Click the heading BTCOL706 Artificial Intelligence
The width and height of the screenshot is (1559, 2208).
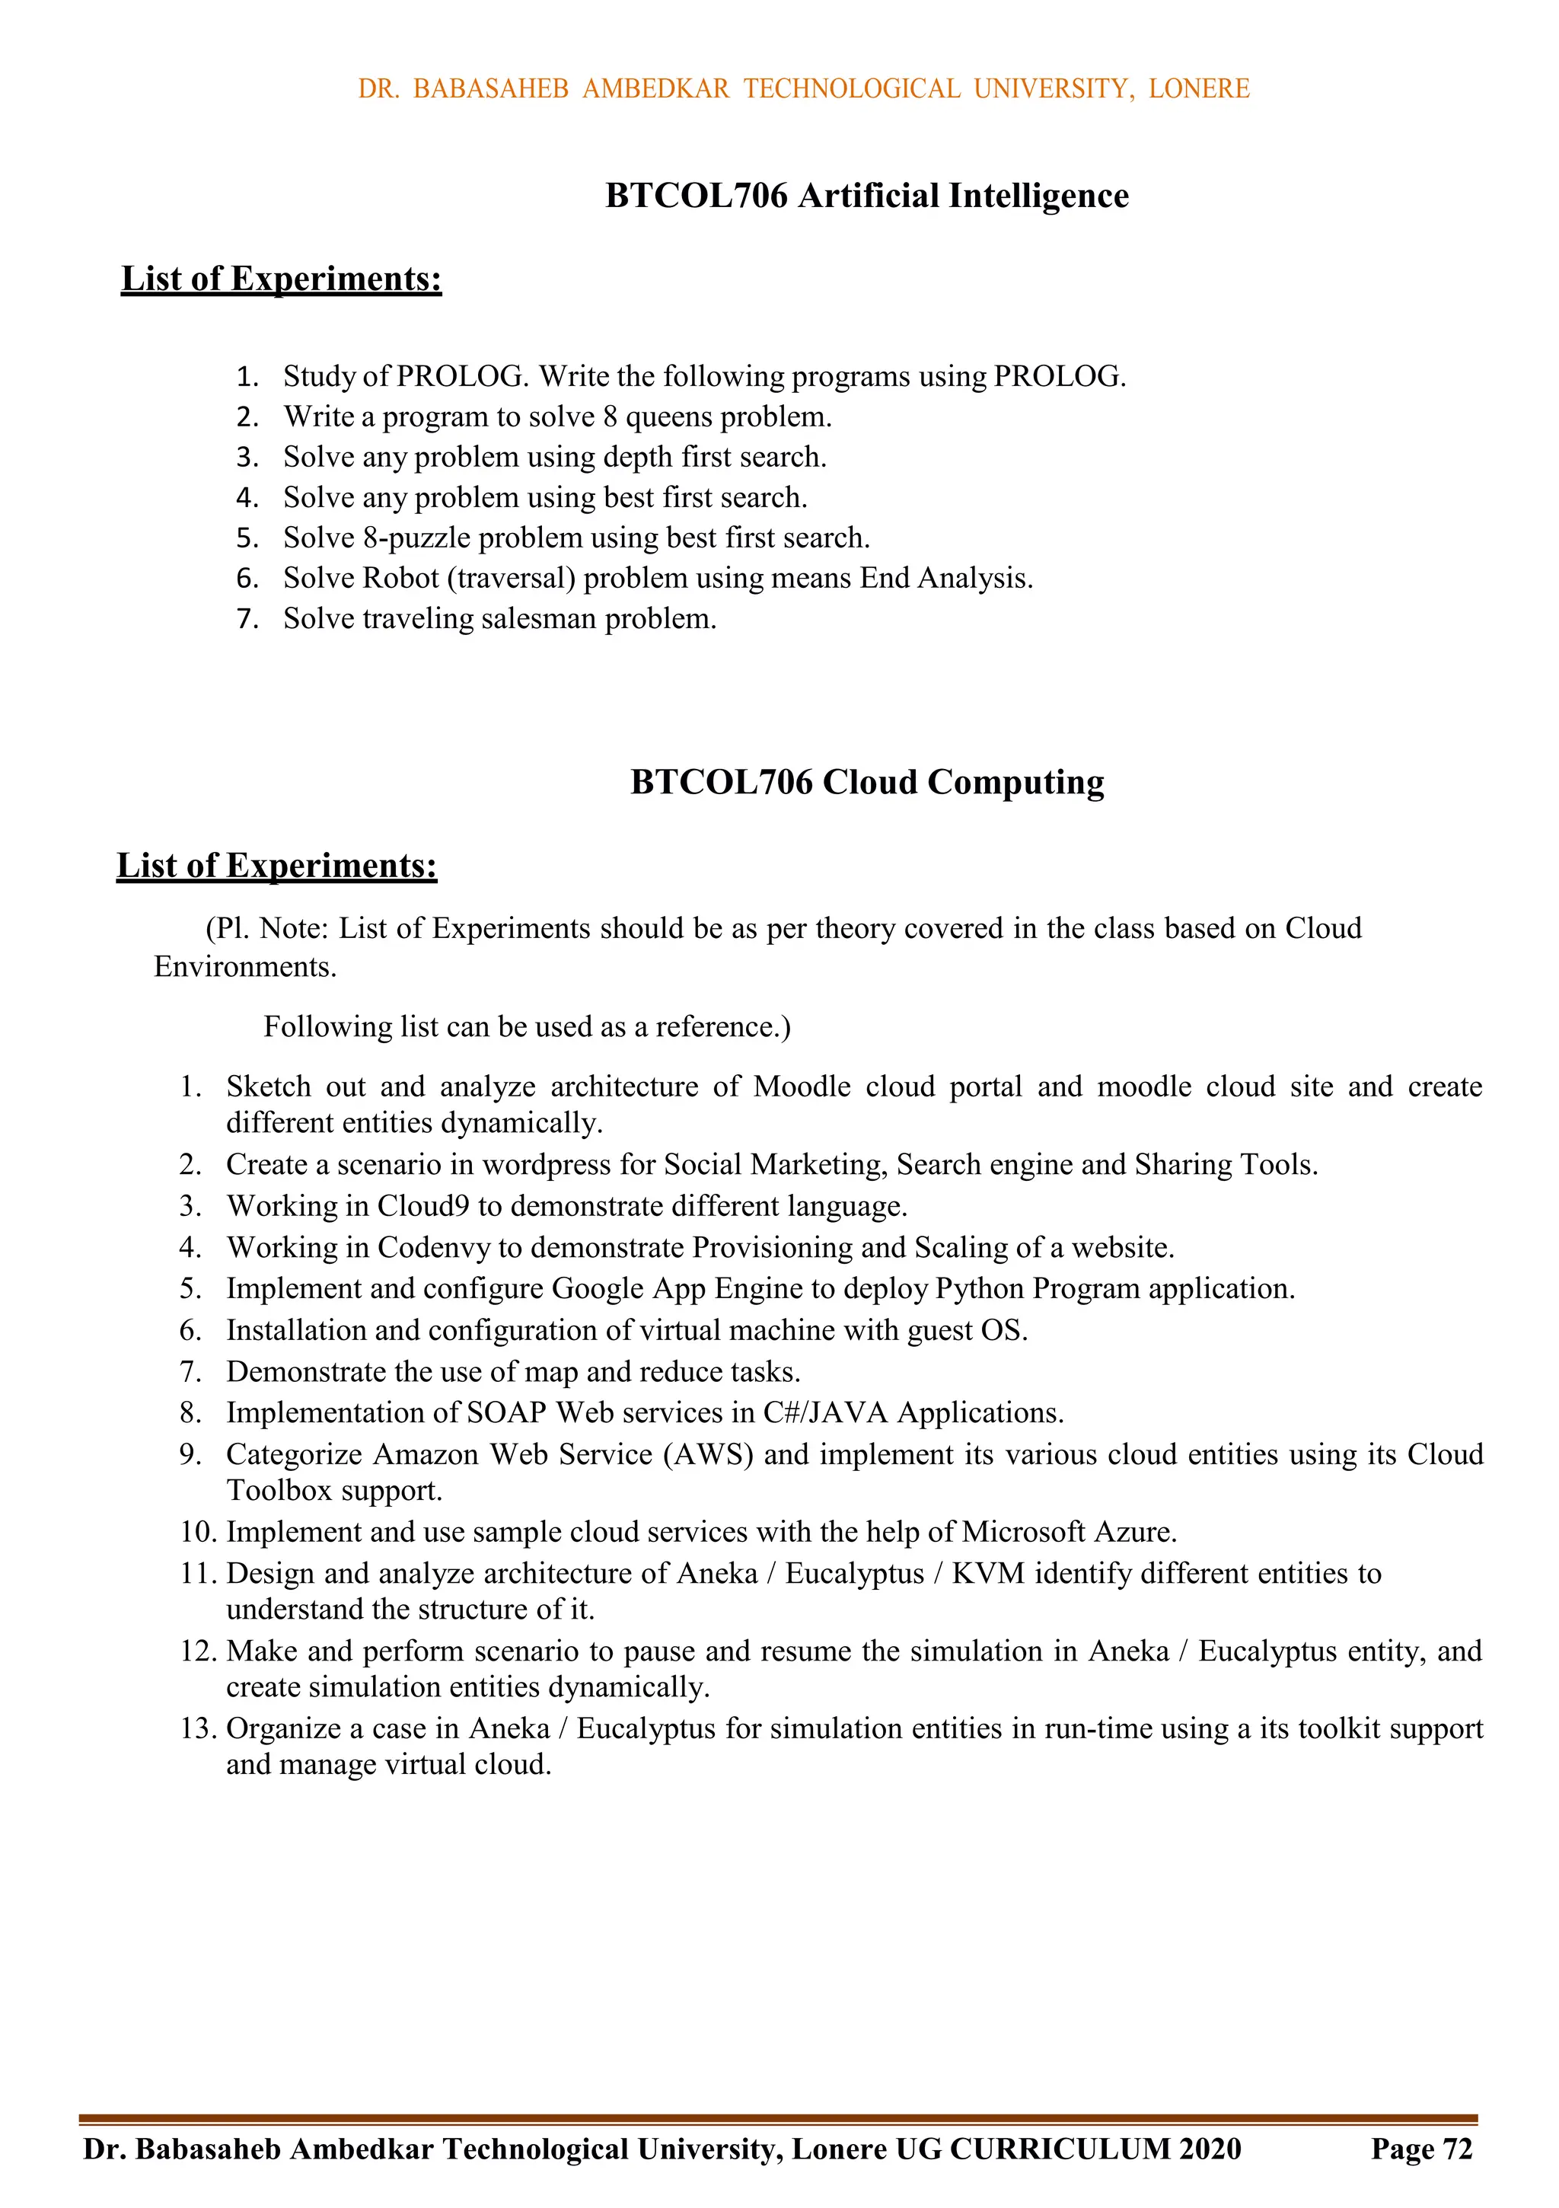coord(866,196)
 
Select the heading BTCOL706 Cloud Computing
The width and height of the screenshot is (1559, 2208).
coord(866,783)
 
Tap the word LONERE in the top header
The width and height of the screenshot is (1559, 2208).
coord(1198,89)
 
